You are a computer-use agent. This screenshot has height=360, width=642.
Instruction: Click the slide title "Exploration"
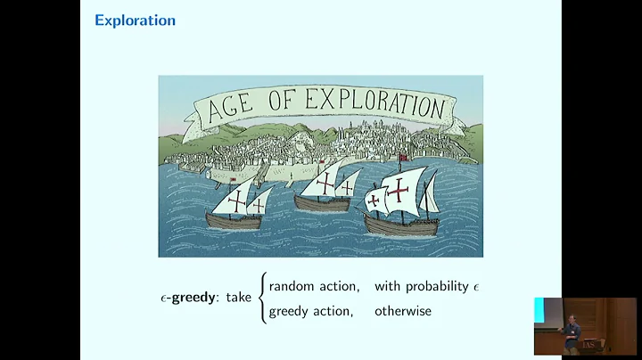(135, 20)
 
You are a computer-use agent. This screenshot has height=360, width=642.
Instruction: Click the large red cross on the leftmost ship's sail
(236, 202)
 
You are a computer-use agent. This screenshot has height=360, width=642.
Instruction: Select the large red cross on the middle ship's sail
(328, 182)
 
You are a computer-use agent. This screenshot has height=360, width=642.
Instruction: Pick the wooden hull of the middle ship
(323, 203)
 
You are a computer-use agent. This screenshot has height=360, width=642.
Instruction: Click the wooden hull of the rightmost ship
(400, 224)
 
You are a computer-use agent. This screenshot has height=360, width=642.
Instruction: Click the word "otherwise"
(402, 311)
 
